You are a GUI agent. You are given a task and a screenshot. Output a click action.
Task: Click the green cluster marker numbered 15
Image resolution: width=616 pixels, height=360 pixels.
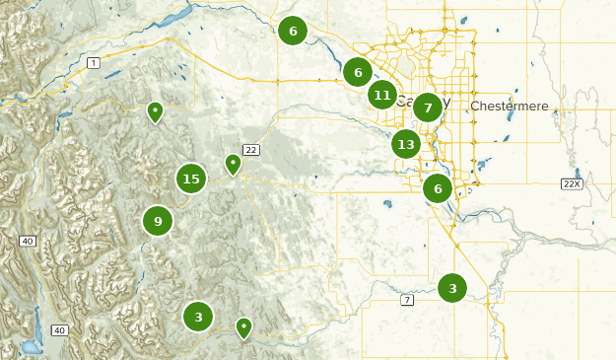191,179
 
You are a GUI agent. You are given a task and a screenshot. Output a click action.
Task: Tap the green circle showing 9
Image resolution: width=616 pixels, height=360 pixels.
158,221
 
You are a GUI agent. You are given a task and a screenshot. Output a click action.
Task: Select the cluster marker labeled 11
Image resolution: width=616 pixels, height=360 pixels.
382,95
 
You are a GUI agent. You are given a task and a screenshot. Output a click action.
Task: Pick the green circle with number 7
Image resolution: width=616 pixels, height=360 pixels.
427,108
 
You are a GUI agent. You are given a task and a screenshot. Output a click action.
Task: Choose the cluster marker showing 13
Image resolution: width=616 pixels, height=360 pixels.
406,144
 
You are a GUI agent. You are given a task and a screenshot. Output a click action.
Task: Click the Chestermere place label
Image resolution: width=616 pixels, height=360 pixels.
508,106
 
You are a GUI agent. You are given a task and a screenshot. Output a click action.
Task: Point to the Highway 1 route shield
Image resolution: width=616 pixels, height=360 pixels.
94,63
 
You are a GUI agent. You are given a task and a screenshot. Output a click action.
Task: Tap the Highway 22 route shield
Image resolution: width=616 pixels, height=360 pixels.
250,150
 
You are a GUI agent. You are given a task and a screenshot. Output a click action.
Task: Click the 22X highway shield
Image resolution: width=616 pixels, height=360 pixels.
571,183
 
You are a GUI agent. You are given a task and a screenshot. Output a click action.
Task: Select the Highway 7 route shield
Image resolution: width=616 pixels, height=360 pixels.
406,299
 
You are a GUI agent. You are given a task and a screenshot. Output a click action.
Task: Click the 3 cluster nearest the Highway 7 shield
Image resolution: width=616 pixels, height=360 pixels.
452,288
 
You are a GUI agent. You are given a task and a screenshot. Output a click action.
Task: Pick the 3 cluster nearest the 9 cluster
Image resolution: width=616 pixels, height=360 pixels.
198,317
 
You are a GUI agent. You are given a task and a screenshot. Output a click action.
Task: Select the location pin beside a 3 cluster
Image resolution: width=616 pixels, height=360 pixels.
243,326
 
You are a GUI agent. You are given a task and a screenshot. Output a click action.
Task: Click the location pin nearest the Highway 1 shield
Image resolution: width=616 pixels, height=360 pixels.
155,111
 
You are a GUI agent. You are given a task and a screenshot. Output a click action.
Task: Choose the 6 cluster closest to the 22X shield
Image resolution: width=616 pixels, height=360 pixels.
438,188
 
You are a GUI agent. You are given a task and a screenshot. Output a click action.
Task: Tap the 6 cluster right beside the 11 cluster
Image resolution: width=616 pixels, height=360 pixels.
358,71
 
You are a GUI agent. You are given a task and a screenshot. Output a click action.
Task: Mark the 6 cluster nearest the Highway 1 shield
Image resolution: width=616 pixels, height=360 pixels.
293,31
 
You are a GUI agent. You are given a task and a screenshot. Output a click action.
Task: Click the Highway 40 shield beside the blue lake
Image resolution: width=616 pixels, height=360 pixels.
59,329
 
